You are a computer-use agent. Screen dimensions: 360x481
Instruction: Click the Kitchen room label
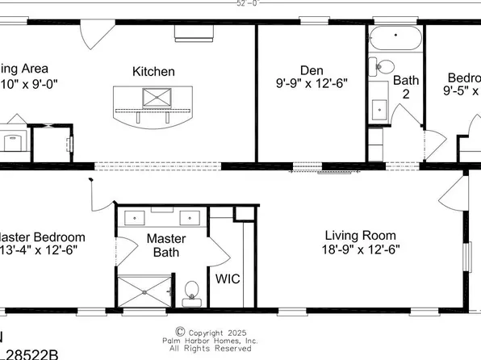tap(153, 72)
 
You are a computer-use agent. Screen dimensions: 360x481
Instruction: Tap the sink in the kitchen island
tap(153, 98)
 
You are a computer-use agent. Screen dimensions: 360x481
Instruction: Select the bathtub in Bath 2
tap(395, 40)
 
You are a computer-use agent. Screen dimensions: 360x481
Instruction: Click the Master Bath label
tap(165, 246)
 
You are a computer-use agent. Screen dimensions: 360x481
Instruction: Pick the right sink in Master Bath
tap(191, 217)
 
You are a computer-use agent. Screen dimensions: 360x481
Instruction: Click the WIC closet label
tap(225, 279)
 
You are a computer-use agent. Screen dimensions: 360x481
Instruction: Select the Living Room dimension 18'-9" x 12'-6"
tap(361, 250)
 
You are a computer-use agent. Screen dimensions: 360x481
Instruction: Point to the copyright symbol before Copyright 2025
tap(180, 331)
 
